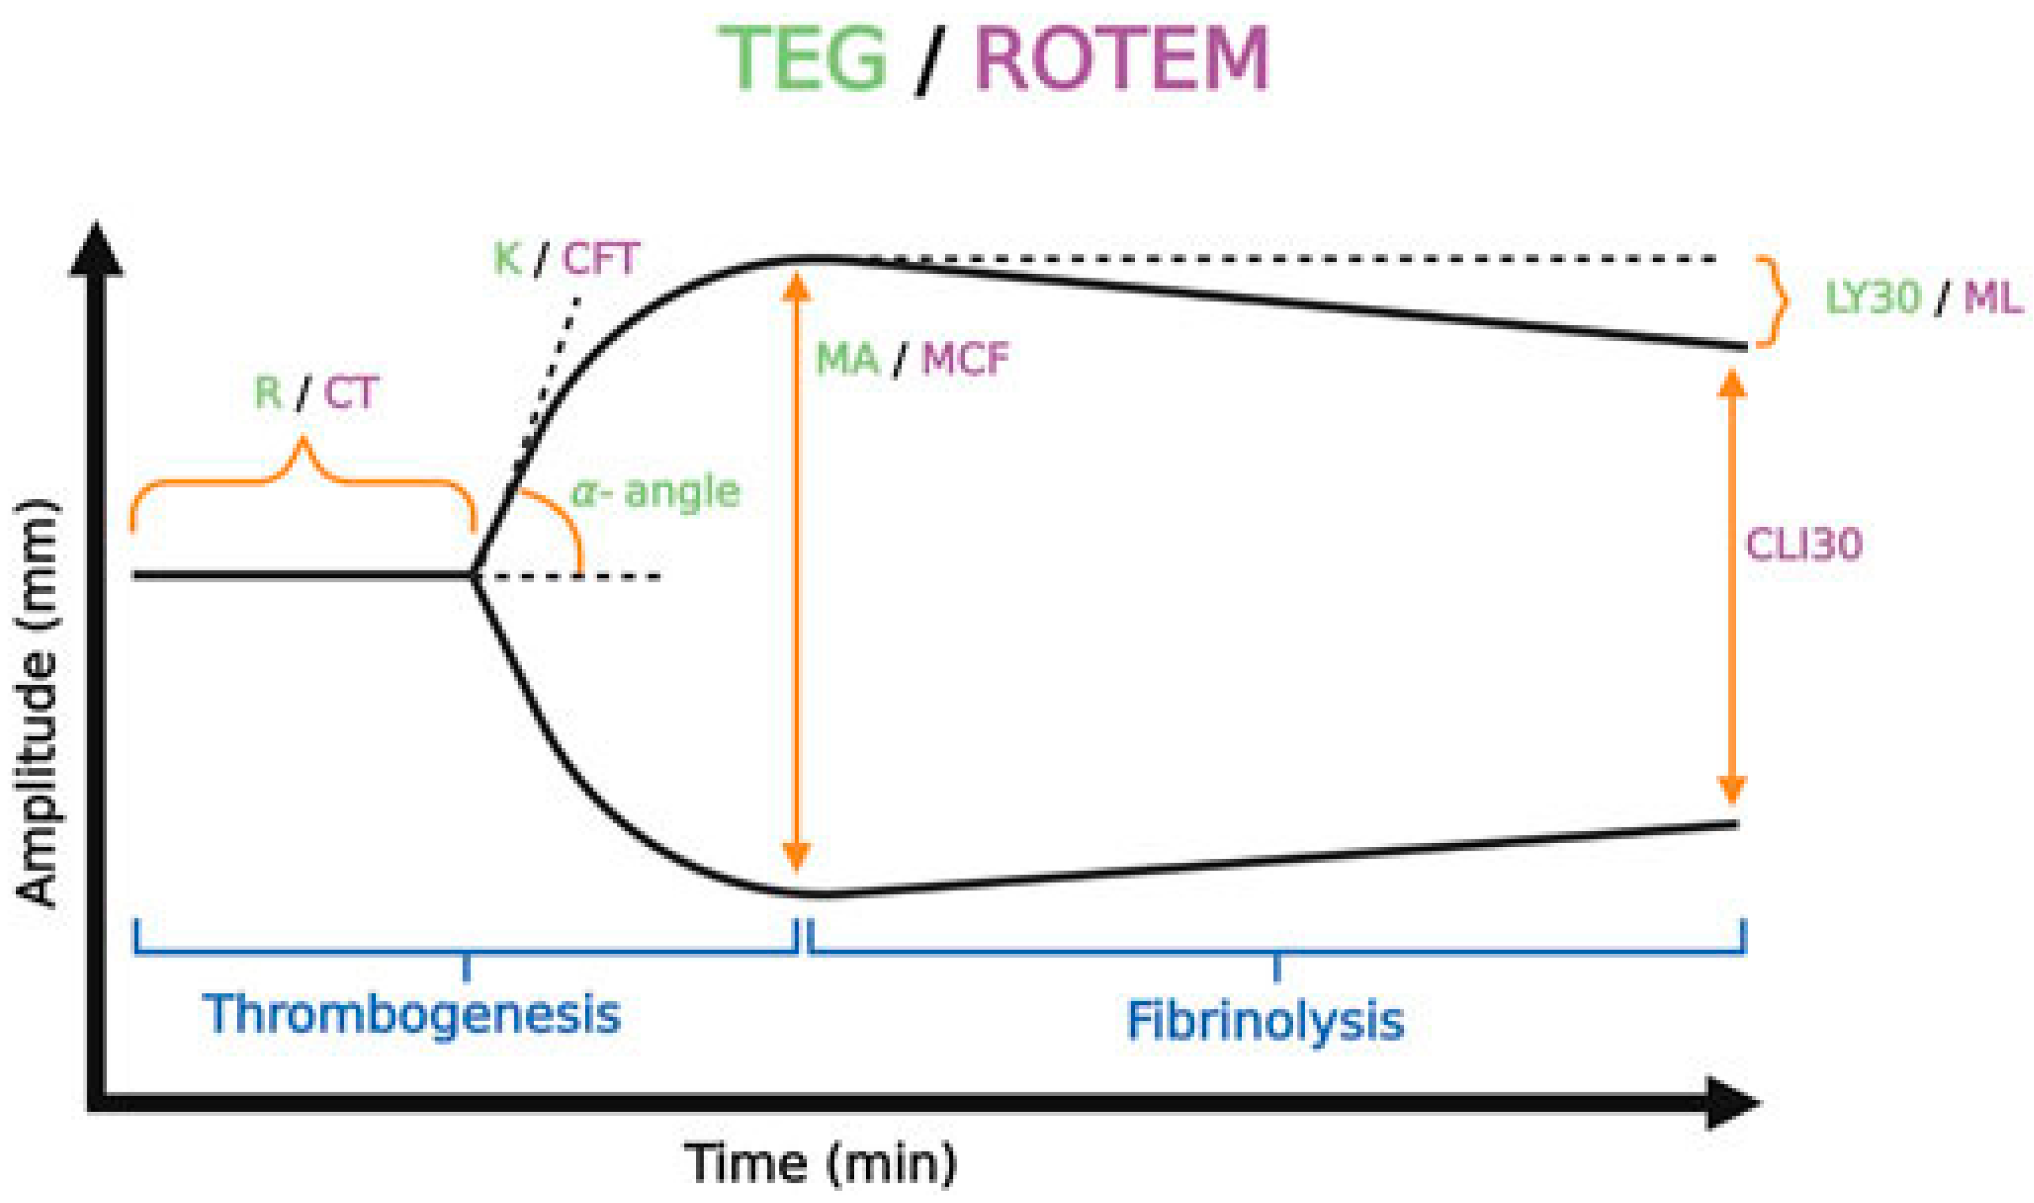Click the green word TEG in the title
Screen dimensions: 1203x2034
point(803,58)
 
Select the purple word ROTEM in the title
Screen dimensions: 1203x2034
point(1121,58)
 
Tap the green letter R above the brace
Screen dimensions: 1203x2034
point(268,393)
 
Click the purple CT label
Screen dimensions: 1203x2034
point(351,395)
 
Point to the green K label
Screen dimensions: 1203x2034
point(507,259)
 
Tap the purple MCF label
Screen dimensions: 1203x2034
point(965,359)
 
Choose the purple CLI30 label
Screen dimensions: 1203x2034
point(1804,545)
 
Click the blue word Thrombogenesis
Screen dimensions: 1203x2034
point(412,1014)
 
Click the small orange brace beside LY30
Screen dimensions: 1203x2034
point(1773,302)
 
